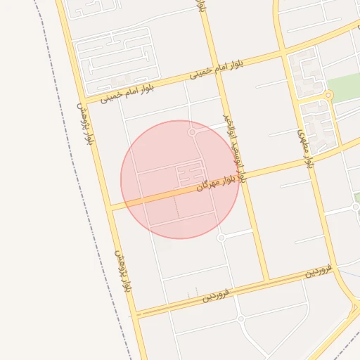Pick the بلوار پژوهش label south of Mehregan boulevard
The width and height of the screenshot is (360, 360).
(124, 271)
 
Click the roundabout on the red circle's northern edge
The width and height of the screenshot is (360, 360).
(192, 131)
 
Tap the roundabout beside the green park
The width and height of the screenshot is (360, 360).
(328, 95)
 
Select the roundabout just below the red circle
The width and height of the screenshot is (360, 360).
(221, 238)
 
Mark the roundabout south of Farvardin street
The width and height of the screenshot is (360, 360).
(240, 319)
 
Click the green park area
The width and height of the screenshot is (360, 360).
(345, 88)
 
